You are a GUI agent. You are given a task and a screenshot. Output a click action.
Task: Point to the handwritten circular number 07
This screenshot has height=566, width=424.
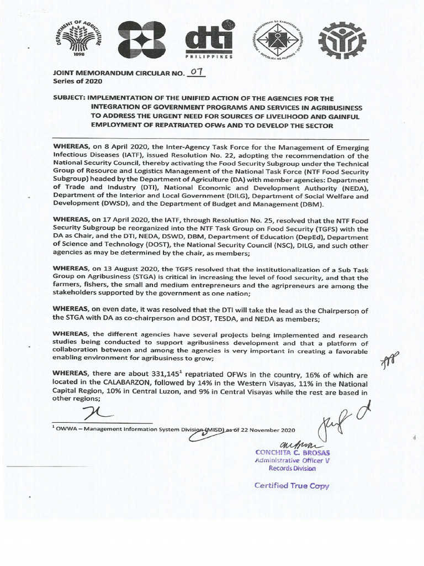click(181, 72)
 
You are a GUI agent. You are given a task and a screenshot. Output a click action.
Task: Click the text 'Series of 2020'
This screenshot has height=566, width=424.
click(75, 81)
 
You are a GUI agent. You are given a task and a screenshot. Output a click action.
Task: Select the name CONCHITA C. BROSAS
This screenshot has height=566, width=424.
click(292, 452)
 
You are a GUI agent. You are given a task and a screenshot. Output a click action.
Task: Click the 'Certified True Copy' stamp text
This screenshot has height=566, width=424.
click(291, 486)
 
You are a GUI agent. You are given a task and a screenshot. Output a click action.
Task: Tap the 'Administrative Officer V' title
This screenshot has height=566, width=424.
click(292, 460)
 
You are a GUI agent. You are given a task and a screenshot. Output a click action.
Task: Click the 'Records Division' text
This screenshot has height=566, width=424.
click(292, 469)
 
